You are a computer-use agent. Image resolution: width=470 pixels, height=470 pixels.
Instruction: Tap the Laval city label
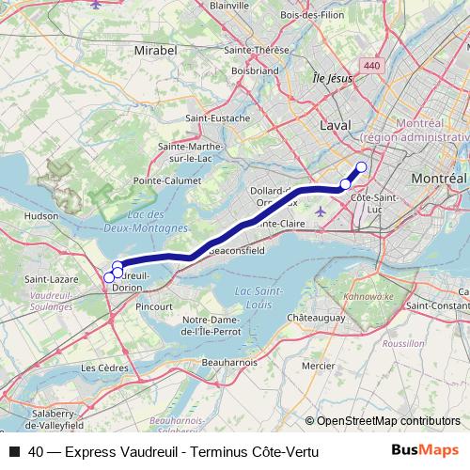(x=334, y=125)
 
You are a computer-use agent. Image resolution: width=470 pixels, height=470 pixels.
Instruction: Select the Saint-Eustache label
(x=218, y=118)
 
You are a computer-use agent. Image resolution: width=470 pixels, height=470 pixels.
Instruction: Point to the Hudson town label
(x=41, y=215)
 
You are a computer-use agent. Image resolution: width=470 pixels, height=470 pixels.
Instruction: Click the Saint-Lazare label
(x=44, y=279)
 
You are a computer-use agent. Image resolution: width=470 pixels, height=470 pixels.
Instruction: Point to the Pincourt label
(x=154, y=306)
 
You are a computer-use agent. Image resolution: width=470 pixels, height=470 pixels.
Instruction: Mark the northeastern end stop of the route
(x=361, y=166)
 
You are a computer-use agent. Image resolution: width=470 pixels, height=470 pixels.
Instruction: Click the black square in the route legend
(x=13, y=452)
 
